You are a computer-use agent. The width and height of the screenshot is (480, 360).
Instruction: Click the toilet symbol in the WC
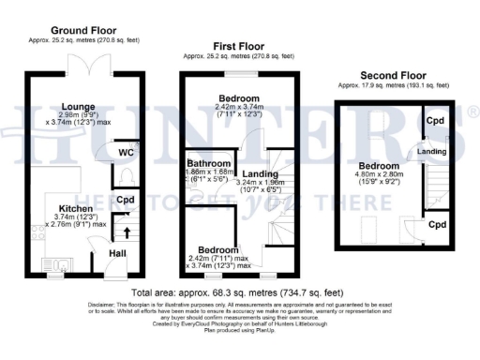127,174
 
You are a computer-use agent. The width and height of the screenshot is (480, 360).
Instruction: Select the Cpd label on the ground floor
125,200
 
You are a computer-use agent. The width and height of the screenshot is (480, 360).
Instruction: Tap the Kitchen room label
76,208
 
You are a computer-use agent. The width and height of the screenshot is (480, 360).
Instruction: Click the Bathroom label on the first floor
207,162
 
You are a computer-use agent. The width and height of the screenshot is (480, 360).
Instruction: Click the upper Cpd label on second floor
434,121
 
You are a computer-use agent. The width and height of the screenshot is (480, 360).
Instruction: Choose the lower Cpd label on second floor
434,225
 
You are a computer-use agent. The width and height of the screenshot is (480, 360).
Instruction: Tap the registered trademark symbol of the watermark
473,113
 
